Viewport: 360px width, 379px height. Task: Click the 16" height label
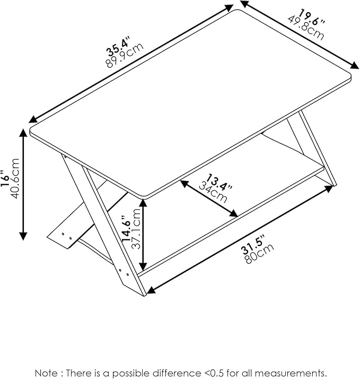6,179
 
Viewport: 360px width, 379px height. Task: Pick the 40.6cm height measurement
15,179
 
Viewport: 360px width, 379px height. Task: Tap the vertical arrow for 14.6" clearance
143,234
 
